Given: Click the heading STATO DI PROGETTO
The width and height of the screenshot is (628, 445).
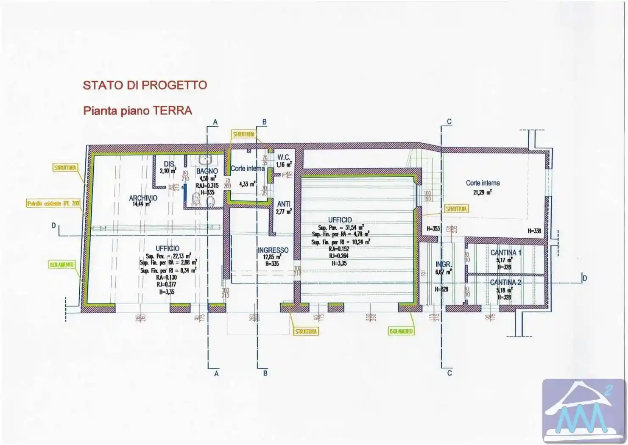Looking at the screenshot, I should pyautogui.click(x=145, y=85).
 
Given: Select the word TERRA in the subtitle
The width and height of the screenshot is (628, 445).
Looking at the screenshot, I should pyautogui.click(x=172, y=111).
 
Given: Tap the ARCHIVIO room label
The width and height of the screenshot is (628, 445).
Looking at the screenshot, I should pyautogui.click(x=143, y=198).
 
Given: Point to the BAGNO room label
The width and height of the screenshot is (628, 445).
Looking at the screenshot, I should pyautogui.click(x=207, y=172).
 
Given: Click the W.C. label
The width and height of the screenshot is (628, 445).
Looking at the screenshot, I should pyautogui.click(x=284, y=158).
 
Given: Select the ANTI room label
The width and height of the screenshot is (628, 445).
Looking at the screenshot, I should pyautogui.click(x=284, y=204).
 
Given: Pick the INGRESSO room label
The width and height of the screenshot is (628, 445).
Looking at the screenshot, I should pyautogui.click(x=273, y=250).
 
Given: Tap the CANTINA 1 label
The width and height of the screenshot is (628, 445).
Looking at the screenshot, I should pyautogui.click(x=505, y=253).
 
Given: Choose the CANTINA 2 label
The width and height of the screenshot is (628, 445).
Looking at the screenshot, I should pyautogui.click(x=505, y=282).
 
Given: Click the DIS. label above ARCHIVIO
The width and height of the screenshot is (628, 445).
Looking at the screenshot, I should pyautogui.click(x=169, y=164).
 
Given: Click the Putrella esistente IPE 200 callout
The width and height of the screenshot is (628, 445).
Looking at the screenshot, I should pyautogui.click(x=53, y=204).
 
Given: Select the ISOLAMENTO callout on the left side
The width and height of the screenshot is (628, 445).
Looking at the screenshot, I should pyautogui.click(x=62, y=265).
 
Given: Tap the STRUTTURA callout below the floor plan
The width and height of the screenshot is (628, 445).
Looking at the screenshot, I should pyautogui.click(x=306, y=332).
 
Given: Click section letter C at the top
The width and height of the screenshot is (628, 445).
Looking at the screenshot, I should pyautogui.click(x=449, y=122).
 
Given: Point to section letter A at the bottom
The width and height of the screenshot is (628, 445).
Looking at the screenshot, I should pyautogui.click(x=216, y=374).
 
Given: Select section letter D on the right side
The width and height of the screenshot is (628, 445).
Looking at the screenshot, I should pyautogui.click(x=585, y=278).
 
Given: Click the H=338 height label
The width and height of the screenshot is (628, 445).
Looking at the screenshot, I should pyautogui.click(x=534, y=231).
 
